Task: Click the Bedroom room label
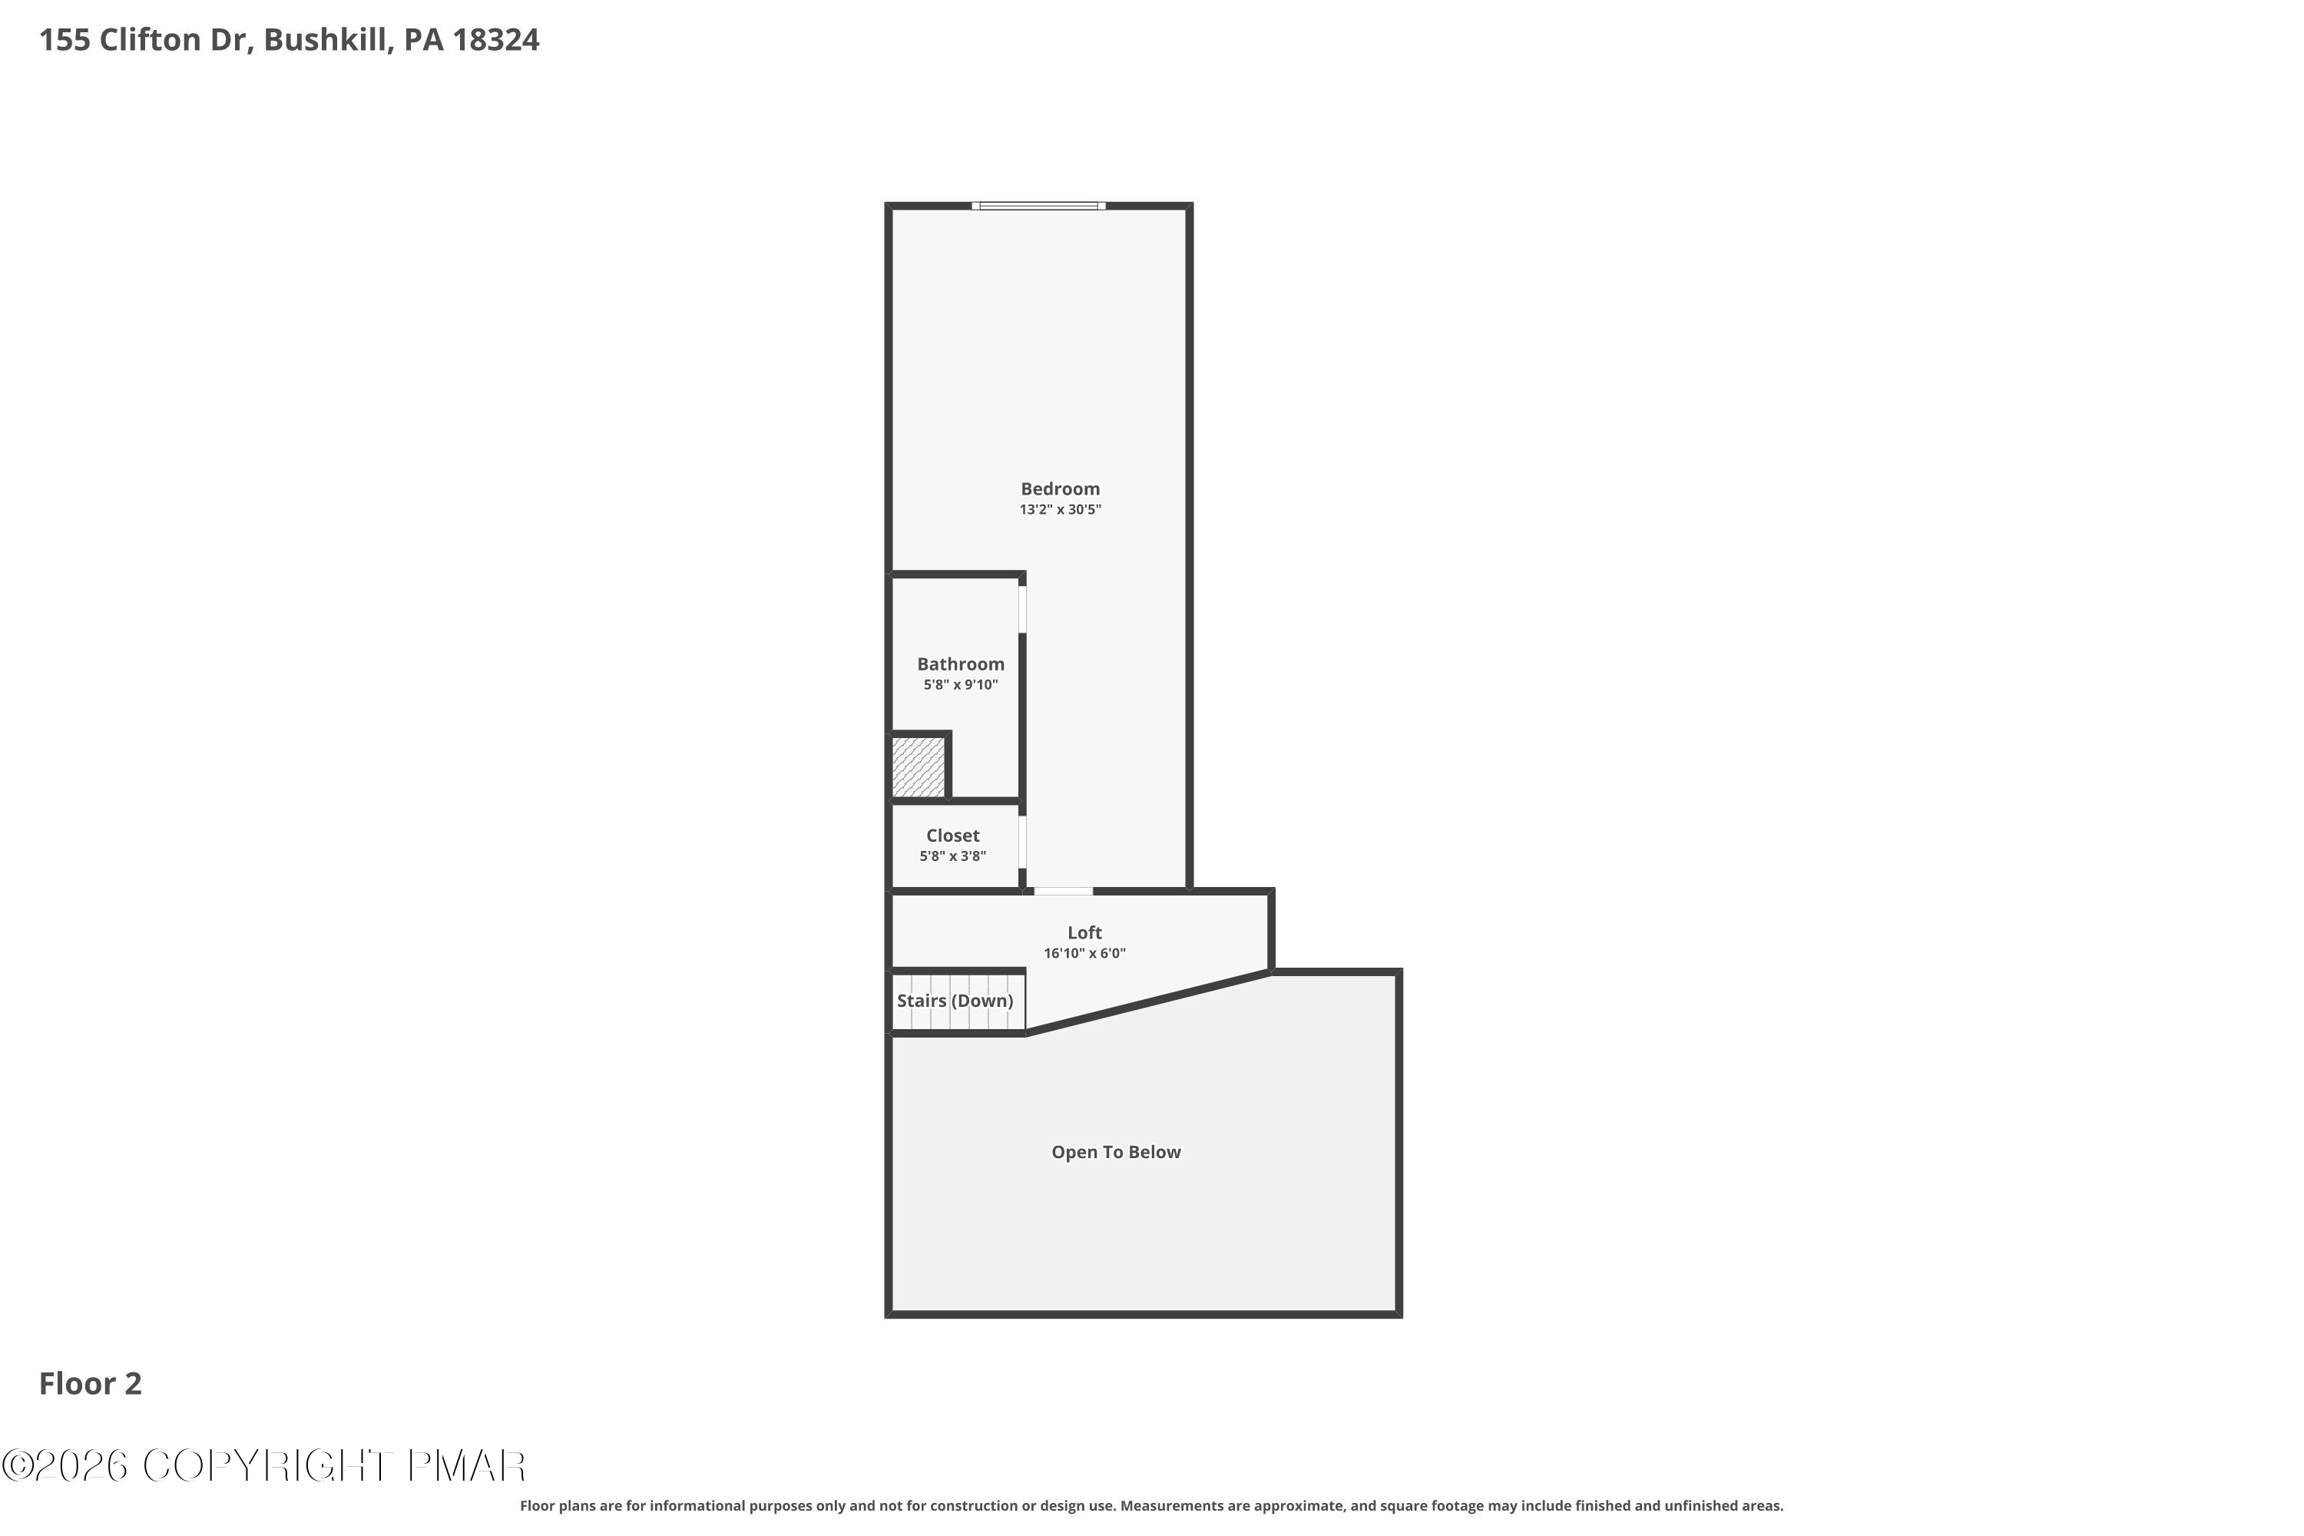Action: [x=1060, y=488]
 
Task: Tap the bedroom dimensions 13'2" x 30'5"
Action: [x=1060, y=509]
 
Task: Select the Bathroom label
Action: [x=960, y=664]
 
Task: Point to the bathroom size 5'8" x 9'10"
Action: [x=960, y=685]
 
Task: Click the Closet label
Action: [x=952, y=836]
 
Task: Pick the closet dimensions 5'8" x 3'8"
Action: [x=952, y=856]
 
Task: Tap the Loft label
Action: [x=1084, y=932]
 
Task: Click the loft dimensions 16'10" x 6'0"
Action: [x=1084, y=953]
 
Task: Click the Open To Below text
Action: [x=1116, y=1152]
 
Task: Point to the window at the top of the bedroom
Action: [x=1038, y=206]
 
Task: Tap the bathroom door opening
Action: [x=1023, y=609]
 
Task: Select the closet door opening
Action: [x=1023, y=842]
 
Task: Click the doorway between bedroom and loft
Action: [x=1063, y=892]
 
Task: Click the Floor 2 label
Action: [x=90, y=1383]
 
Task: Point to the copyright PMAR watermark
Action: [x=264, y=1465]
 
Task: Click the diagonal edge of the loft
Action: [x=1148, y=1002]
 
